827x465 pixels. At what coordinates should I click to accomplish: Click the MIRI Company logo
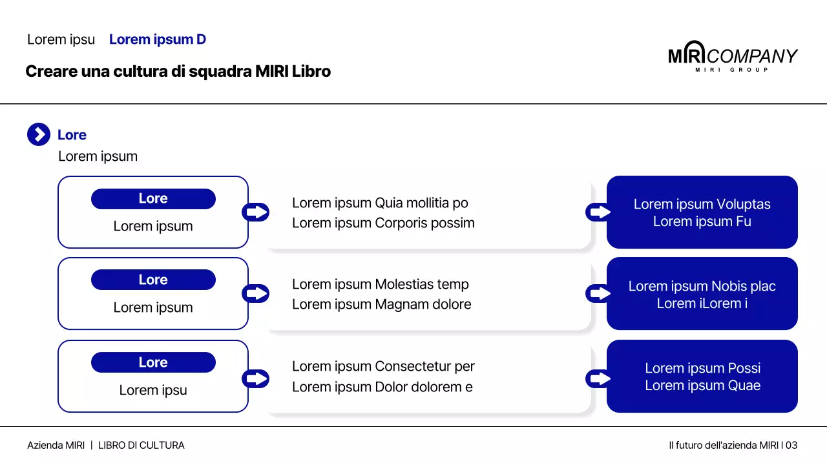(x=733, y=56)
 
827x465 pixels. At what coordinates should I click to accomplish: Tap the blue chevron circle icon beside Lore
(x=39, y=134)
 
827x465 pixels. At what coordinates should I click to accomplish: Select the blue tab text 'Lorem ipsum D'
(x=158, y=39)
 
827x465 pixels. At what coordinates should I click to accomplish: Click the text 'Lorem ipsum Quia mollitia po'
(x=380, y=203)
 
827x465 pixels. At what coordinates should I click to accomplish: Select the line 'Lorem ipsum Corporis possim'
(x=383, y=223)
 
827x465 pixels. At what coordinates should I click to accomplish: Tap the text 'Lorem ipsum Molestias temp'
(x=381, y=285)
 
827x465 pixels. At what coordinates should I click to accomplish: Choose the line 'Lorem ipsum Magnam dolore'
(x=381, y=304)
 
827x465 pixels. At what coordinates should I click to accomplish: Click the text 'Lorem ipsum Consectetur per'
(x=383, y=366)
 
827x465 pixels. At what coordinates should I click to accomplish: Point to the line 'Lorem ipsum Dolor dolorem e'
(x=382, y=387)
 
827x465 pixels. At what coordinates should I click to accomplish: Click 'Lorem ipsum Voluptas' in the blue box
(x=702, y=204)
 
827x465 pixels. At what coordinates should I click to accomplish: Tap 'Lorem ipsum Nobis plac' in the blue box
(x=702, y=286)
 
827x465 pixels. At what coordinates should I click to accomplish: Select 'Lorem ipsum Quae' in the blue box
(x=702, y=386)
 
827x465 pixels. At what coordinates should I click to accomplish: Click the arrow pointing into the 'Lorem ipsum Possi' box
(x=598, y=378)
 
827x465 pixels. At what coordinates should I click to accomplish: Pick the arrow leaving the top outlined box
(x=255, y=212)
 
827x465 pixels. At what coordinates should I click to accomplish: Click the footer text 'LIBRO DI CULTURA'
(x=141, y=446)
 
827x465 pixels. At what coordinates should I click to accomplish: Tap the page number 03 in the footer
(x=791, y=446)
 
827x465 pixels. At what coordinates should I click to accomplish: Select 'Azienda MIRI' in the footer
(x=56, y=446)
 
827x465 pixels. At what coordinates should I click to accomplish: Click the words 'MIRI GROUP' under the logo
(x=732, y=70)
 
